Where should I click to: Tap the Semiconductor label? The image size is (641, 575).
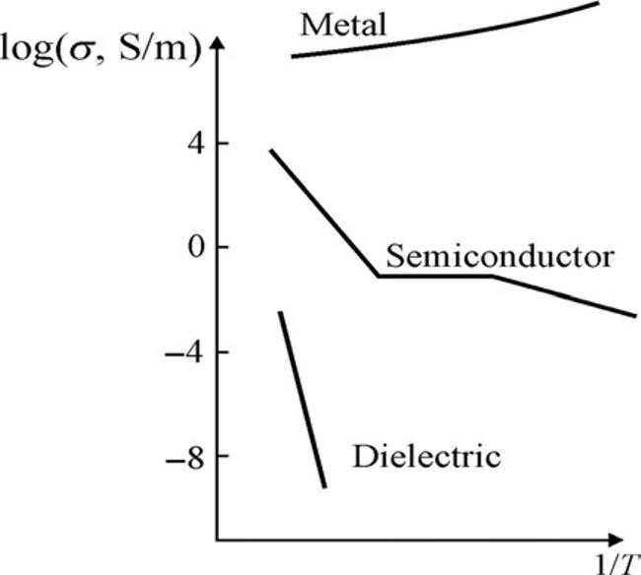[x=501, y=257]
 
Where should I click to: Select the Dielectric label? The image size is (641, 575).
[x=427, y=457]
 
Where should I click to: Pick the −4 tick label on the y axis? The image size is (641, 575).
[x=177, y=351]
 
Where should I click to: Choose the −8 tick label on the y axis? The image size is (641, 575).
[x=177, y=456]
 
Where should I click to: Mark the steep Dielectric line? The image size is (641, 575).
[x=303, y=399]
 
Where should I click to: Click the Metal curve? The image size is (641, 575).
[x=444, y=34]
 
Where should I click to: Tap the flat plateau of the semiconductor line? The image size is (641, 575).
[x=434, y=276]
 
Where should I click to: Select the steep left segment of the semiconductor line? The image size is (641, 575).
[x=322, y=212]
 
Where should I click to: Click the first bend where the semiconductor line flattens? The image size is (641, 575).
[x=377, y=276]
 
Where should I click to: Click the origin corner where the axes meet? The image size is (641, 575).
[x=217, y=540]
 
